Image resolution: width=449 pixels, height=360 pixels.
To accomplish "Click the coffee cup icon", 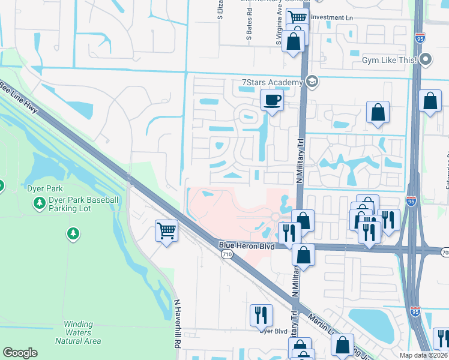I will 272,100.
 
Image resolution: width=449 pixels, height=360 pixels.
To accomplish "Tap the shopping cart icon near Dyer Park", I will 166,230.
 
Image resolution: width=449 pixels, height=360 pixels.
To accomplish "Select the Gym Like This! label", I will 390,60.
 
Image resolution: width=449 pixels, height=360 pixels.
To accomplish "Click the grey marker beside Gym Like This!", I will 426,59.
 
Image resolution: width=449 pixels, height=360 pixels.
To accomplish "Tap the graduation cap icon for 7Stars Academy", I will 312,82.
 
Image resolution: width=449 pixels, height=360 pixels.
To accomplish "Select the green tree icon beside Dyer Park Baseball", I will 40,204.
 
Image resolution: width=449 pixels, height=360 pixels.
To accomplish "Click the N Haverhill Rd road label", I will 177,325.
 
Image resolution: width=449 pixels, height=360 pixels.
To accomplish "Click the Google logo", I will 20,353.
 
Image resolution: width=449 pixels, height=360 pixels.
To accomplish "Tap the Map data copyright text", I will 424,355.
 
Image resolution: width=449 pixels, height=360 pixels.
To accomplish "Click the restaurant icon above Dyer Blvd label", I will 261,315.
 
